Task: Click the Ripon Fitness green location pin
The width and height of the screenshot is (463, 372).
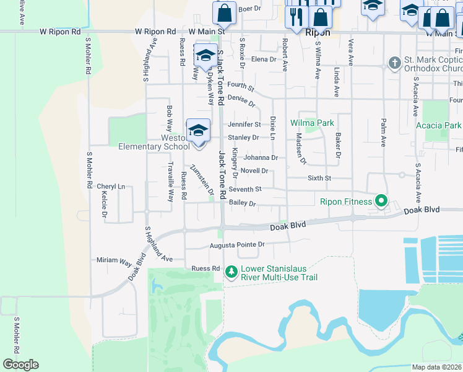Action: pos(381,201)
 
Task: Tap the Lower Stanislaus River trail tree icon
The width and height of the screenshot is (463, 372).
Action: pos(231,272)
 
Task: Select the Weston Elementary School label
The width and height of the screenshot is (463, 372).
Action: pos(154,142)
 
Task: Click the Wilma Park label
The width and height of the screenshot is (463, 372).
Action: pos(312,123)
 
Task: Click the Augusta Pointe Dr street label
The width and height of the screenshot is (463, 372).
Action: pos(237,245)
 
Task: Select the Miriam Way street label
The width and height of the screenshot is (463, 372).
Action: pos(115,260)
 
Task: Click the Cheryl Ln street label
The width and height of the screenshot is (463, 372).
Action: pos(111,187)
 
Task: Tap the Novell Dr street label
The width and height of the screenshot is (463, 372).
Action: pos(254,170)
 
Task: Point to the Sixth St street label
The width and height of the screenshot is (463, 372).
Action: pos(320,178)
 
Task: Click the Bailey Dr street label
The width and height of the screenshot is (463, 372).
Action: pos(242,203)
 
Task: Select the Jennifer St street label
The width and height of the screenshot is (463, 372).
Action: pos(244,125)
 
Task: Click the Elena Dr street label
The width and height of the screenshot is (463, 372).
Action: pos(263,60)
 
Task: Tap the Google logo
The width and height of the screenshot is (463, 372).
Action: pos(20,365)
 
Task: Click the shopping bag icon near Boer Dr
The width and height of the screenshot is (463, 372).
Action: pos(224,13)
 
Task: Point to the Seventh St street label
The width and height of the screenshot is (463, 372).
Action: pos(245,189)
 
